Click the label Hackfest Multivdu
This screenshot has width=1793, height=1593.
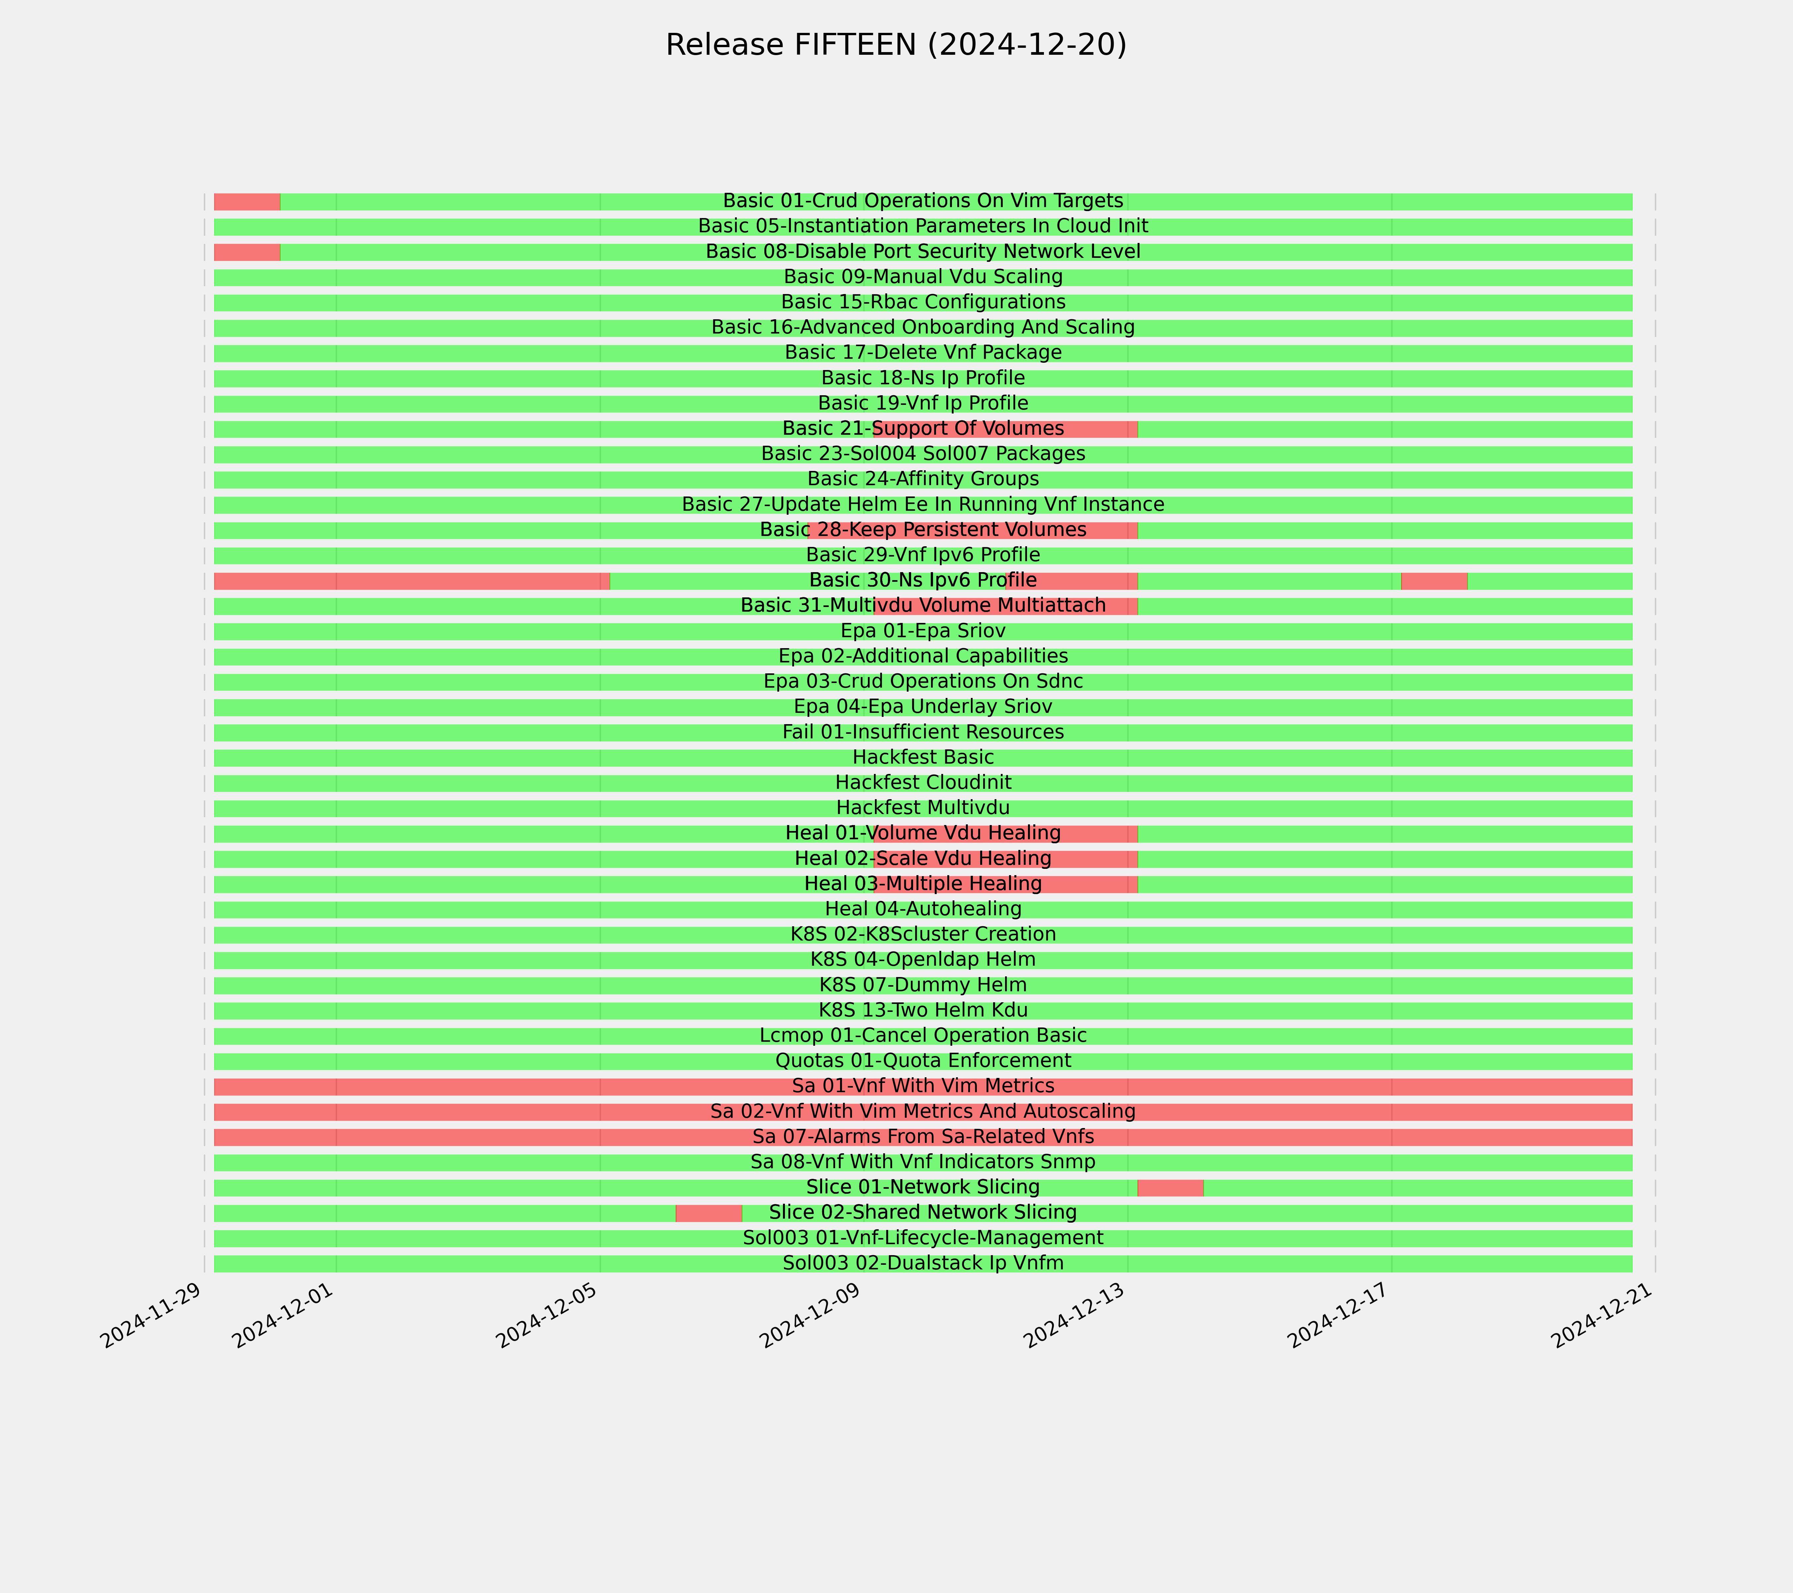(923, 807)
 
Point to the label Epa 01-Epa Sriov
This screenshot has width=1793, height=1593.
(923, 630)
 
